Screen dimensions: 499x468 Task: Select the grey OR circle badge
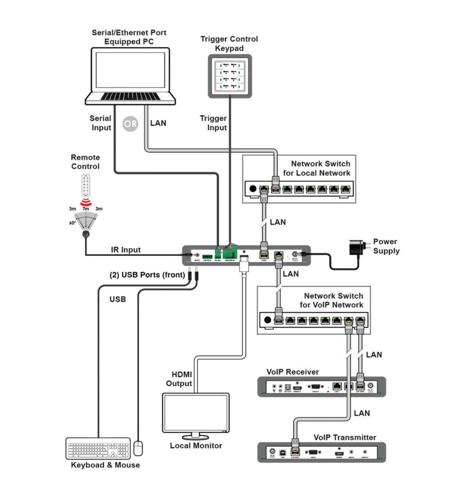pyautogui.click(x=130, y=124)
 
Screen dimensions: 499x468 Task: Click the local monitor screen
pyautogui.click(x=195, y=412)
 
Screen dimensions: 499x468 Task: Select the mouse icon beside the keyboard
pyautogui.click(x=140, y=448)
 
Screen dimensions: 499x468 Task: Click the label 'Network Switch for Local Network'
pyautogui.click(x=320, y=168)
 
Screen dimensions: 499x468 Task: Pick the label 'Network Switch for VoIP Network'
pyautogui.click(x=333, y=300)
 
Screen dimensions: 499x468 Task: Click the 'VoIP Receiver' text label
pyautogui.click(x=293, y=372)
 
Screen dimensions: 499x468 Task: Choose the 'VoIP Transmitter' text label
pyautogui.click(x=344, y=437)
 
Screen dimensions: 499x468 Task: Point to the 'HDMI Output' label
pyautogui.click(x=182, y=379)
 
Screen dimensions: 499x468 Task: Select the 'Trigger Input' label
pyautogui.click(x=213, y=123)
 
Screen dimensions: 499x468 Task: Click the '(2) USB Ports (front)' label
pyautogui.click(x=147, y=274)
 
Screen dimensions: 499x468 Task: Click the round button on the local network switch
pyautogui.click(x=253, y=190)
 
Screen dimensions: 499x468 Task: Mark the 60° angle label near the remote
pyautogui.click(x=73, y=223)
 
